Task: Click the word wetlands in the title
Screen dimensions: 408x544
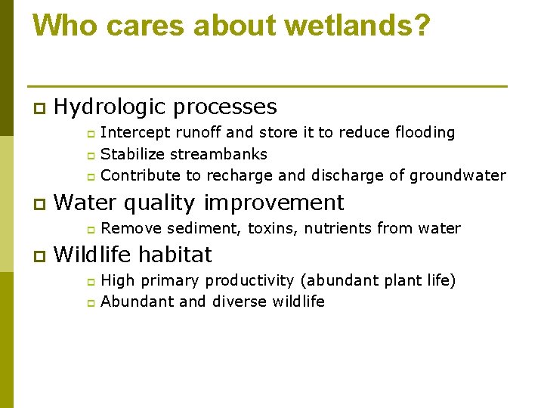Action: point(363,26)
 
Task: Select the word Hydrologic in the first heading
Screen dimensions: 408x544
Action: point(110,107)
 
